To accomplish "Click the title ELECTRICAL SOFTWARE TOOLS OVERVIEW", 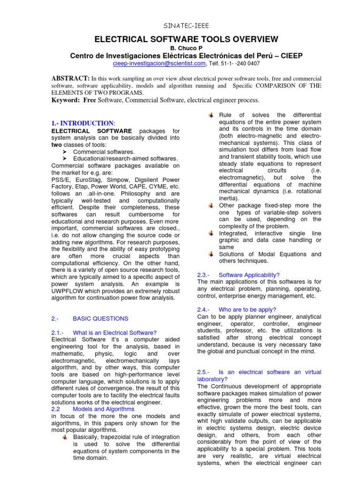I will [x=180, y=39].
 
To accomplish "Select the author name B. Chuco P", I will [x=180, y=48].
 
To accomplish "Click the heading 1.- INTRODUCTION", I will [x=82, y=123].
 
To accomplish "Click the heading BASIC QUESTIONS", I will [x=100, y=319].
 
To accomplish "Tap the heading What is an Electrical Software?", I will [x=115, y=332].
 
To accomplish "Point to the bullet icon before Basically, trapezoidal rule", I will [x=65, y=437].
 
